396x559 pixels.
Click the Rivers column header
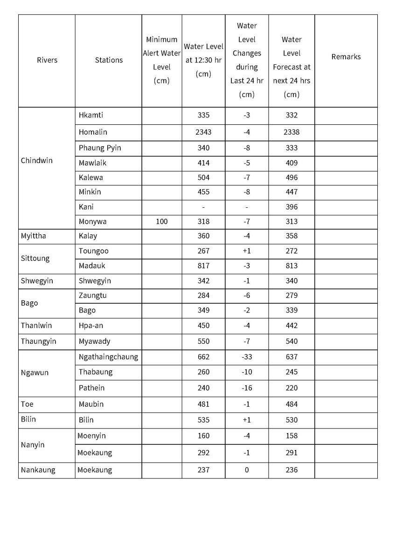pos(47,60)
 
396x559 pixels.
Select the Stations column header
pos(109,60)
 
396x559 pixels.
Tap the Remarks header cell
pos(346,57)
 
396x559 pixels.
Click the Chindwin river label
pos(37,161)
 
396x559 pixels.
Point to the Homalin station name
pos(93,132)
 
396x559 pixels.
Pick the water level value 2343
pos(203,132)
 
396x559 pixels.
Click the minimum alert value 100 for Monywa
pos(161,222)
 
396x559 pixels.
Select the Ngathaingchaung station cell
pos(108,357)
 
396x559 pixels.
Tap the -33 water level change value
pos(246,357)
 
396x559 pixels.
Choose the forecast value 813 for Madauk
pos(292,266)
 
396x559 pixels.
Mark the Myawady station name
pos(95,341)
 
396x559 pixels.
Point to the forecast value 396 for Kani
pos(292,207)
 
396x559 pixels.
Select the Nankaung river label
pos(38,470)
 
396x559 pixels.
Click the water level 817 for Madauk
pos(203,266)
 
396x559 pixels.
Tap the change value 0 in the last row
pos(246,470)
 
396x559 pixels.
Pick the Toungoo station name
pos(94,251)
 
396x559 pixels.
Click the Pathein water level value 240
pos(203,388)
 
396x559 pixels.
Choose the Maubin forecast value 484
pos(292,404)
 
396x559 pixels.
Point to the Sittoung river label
pos(35,259)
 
